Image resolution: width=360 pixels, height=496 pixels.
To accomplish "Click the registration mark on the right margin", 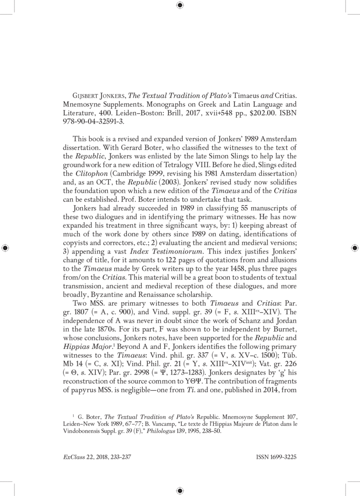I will (354, 248).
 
